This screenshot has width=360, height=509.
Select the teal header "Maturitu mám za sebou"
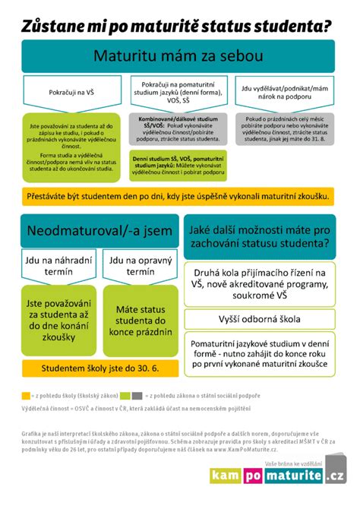coord(179,55)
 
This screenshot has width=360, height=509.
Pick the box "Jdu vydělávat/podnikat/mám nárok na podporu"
coord(286,92)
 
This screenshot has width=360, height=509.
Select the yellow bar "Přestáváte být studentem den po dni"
coord(179,196)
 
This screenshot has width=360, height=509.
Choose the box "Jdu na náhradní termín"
coord(57,266)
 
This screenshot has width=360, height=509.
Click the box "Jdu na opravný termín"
coord(141,266)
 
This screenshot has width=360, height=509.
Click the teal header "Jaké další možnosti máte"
coord(261,234)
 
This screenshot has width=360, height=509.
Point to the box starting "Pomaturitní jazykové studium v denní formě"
coord(261,355)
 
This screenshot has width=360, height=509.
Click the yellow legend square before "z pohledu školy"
coord(26,396)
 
